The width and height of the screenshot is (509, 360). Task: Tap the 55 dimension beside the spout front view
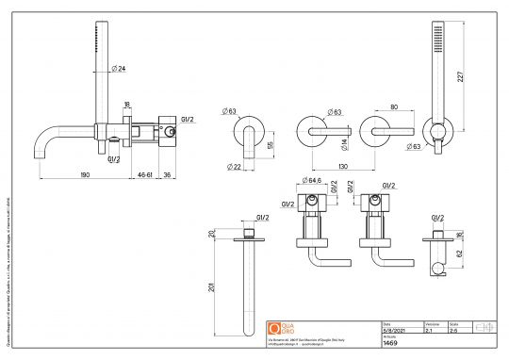(271, 146)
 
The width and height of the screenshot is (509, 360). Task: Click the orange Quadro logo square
(275, 328)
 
